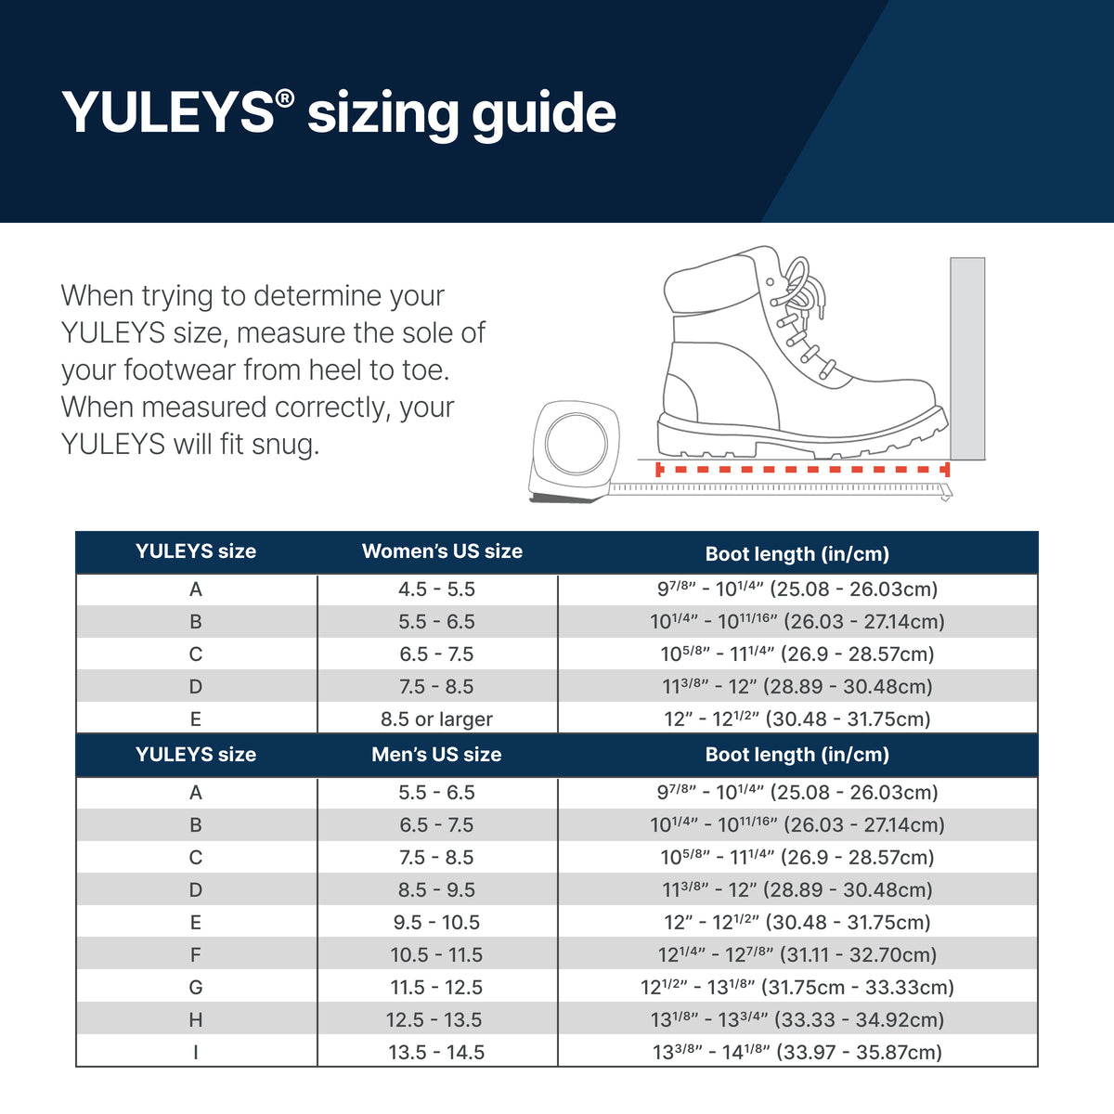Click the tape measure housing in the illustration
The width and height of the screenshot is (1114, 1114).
(575, 450)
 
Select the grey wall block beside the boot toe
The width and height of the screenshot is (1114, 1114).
(967, 358)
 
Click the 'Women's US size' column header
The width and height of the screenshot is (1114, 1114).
(442, 551)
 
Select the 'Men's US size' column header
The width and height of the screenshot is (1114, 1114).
(436, 755)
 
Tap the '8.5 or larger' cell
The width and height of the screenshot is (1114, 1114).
(436, 719)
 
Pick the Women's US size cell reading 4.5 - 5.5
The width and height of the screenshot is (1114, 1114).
(436, 589)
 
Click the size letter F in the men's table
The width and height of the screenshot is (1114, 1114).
(196, 955)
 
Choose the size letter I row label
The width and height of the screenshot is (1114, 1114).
(196, 1053)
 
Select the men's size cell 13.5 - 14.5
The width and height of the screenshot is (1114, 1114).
(436, 1053)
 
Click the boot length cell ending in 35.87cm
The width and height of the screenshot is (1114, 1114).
(797, 1052)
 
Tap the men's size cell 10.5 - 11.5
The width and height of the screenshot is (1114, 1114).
(436, 955)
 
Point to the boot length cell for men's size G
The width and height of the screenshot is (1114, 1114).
(797, 987)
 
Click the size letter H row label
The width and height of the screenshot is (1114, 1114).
(196, 1020)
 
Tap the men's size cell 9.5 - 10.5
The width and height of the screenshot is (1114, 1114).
(436, 923)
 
